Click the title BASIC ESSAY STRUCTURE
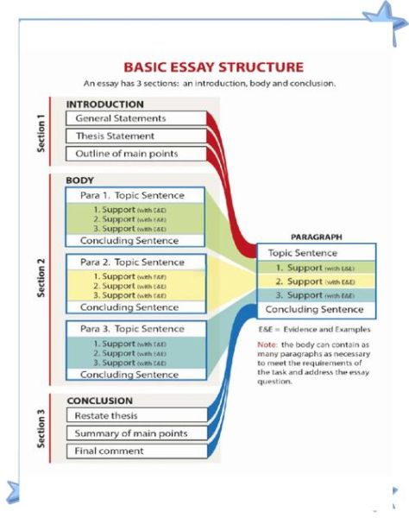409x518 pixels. [x=213, y=66]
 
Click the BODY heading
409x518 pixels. [x=79, y=180]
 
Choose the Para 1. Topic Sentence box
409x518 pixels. [x=136, y=195]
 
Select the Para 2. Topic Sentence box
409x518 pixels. [x=136, y=262]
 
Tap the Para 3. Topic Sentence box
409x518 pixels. [x=136, y=329]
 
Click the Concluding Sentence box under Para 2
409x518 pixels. [x=136, y=307]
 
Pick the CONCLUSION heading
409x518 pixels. [x=100, y=401]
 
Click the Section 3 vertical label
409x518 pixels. [x=41, y=426]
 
